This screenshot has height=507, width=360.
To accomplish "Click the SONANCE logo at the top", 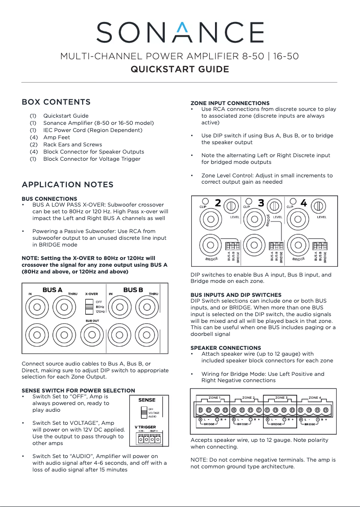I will pos(180,32).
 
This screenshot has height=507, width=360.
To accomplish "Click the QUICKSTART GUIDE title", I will pos(180,69).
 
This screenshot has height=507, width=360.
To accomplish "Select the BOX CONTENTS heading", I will pos(56,102).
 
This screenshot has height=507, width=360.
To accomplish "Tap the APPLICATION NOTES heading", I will pos(67,185).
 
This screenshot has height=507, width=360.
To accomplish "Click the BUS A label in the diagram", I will pos(52,290).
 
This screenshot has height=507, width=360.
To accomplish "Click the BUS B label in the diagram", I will pos(133,290).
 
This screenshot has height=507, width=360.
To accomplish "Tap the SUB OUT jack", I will pos(92,335).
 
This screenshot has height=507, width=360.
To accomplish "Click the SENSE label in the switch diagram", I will pos(147,400).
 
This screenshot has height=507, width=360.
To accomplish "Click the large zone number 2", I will pos(218,203).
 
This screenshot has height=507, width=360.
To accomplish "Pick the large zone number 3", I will pos(261,203).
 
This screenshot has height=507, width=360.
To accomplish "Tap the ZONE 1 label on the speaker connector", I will pos(215,398).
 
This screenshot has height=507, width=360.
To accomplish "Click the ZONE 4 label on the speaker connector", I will pos(315,398).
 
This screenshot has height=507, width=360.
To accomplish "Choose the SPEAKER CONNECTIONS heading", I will pos(226,348).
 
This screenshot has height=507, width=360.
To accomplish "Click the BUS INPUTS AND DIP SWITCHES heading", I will pos(236,295).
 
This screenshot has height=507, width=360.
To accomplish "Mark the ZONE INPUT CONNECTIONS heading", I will pos(230,103).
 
